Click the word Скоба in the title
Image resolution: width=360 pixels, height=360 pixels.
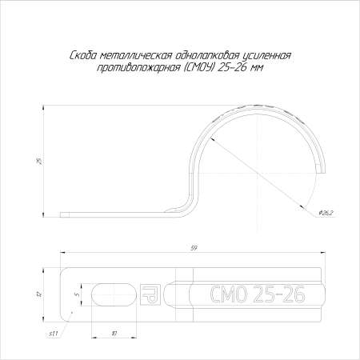pos(83,56)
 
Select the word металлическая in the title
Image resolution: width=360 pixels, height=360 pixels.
pos(136,56)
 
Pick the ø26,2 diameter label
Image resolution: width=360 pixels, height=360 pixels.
pos(326,213)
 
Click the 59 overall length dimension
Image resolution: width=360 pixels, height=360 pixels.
pos(194,248)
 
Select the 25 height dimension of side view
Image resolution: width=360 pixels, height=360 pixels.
pos(39,161)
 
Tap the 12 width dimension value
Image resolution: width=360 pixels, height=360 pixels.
pos(39,294)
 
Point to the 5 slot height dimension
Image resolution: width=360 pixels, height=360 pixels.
pos(77,294)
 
